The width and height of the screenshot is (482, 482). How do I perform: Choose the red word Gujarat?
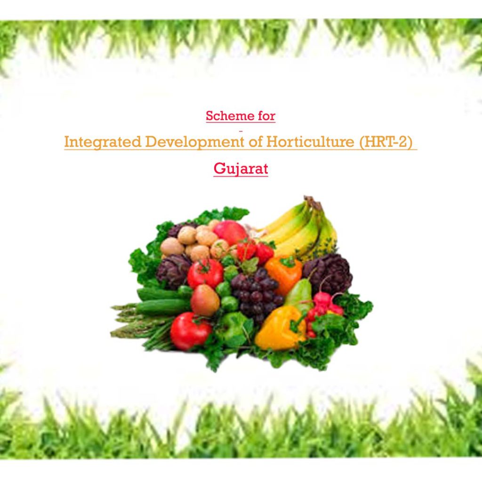tap(241, 168)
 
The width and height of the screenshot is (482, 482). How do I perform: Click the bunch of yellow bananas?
tap(301, 228)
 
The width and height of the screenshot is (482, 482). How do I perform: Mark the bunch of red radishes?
tap(325, 306)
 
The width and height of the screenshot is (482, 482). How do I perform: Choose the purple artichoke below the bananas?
tap(328, 273)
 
